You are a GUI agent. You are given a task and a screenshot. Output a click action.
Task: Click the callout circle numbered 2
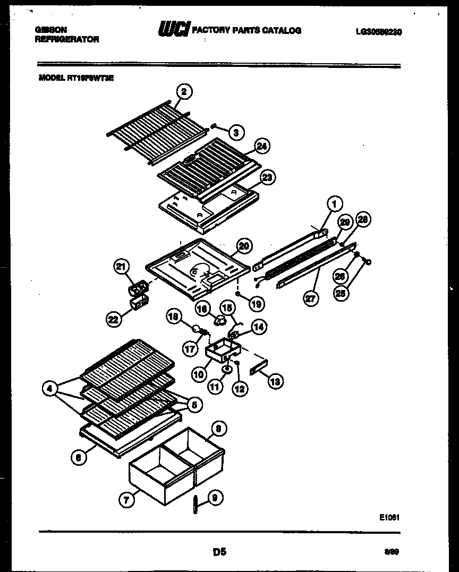pyautogui.click(x=184, y=92)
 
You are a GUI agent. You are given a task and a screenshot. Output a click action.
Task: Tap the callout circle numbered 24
pyautogui.click(x=261, y=146)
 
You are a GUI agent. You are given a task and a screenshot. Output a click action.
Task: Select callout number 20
pyautogui.click(x=244, y=245)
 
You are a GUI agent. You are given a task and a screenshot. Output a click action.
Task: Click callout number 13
pyautogui.click(x=276, y=381)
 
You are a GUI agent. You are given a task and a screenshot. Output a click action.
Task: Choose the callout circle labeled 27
pyautogui.click(x=310, y=299)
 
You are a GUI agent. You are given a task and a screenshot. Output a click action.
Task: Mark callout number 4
pyautogui.click(x=49, y=389)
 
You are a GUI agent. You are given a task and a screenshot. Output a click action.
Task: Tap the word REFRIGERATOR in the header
pyautogui.click(x=66, y=39)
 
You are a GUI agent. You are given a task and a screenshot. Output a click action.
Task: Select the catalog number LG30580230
pyautogui.click(x=378, y=32)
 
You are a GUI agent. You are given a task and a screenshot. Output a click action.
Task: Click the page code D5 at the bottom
pyautogui.click(x=219, y=552)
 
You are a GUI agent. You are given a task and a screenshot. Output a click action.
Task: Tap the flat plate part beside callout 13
pyautogui.click(x=258, y=369)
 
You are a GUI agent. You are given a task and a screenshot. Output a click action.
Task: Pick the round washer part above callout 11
pyautogui.click(x=226, y=369)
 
